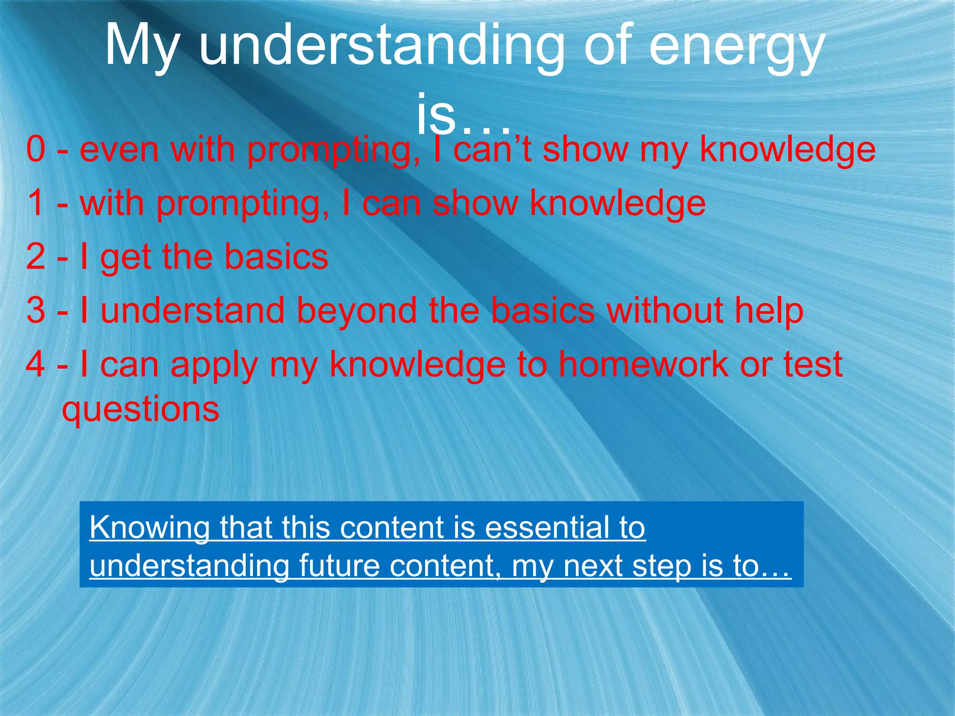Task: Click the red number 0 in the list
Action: (36, 150)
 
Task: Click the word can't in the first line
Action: (492, 150)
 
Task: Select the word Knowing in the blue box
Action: (149, 528)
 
